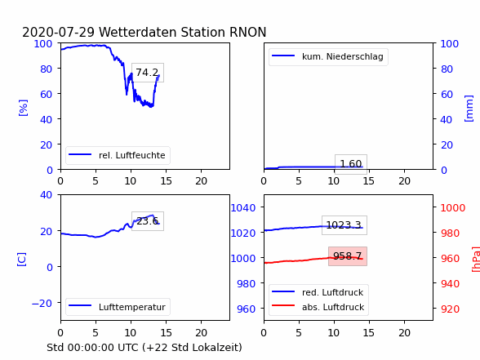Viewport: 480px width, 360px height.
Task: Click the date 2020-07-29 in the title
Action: tap(58, 32)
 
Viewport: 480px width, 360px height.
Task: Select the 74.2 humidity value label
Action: tap(147, 73)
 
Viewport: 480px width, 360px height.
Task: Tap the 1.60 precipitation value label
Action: tap(351, 164)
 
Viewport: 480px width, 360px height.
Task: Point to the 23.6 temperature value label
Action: tap(147, 221)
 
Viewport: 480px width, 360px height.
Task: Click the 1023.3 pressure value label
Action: tap(344, 225)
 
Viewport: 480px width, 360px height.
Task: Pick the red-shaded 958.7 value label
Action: tap(348, 256)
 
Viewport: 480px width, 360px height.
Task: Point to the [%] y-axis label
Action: tap(23, 108)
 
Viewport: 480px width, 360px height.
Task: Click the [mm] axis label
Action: tap(469, 109)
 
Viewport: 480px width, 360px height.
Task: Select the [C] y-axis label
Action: tap(21, 260)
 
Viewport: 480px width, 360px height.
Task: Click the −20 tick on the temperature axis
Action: tap(42, 303)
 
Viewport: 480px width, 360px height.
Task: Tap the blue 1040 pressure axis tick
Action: tap(243, 208)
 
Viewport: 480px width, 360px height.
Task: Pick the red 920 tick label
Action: tap(450, 309)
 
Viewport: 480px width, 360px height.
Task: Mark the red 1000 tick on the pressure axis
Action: tap(453, 208)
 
